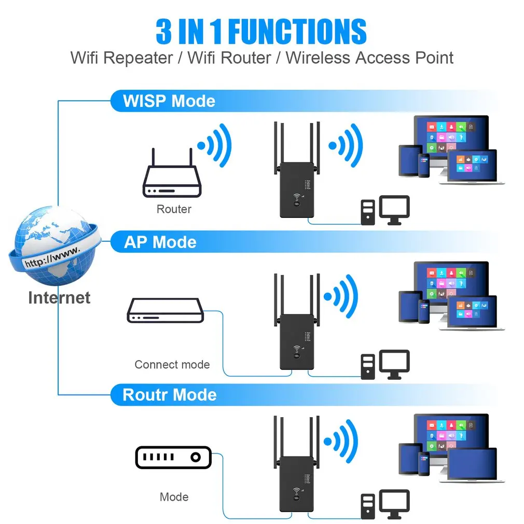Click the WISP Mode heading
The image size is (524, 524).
click(x=169, y=101)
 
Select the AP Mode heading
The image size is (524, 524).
click(x=160, y=242)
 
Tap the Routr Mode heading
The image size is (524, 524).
click(x=169, y=395)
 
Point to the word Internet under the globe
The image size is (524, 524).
click(x=59, y=298)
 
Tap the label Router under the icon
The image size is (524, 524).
click(x=174, y=210)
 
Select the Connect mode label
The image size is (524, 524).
click(x=172, y=365)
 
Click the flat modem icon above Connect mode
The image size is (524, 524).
click(x=165, y=311)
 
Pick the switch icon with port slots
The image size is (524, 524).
click(x=173, y=457)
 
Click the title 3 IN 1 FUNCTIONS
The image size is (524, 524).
click(x=261, y=32)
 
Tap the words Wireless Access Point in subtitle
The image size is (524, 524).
click(x=369, y=58)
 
